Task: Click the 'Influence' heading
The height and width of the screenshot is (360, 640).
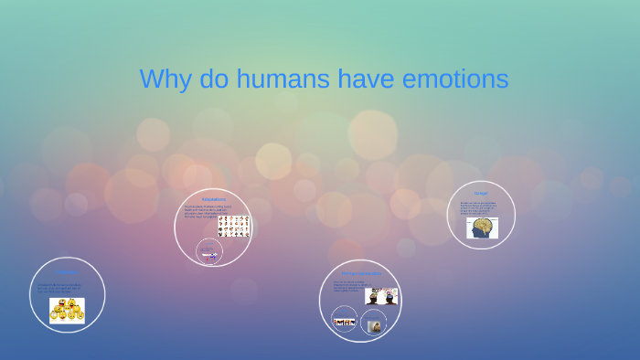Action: [x=67, y=271]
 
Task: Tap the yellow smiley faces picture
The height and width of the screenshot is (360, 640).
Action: [x=67, y=311]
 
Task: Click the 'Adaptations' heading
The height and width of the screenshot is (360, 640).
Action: [x=213, y=198]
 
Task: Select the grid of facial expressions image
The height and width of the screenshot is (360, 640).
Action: [x=233, y=225]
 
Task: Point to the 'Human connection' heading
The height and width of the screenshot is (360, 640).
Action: [x=360, y=273]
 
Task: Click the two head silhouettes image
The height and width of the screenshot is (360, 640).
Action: [x=381, y=296]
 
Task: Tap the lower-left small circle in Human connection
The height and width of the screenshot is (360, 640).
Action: [x=344, y=322]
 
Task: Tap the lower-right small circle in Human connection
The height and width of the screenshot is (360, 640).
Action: [x=373, y=324]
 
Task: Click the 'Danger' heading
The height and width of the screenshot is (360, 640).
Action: [x=481, y=194]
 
